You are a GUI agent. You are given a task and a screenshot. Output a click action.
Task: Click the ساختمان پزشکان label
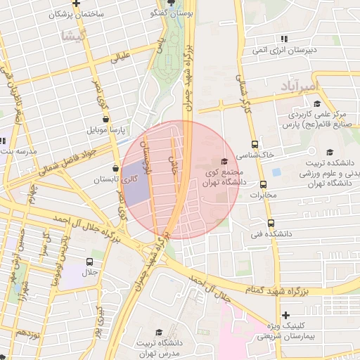[76, 14]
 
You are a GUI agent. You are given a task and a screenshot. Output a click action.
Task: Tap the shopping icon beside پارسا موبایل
[105, 120]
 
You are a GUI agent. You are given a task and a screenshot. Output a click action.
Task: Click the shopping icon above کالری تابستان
[115, 168]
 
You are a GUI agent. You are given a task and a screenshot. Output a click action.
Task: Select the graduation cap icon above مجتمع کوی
[224, 161]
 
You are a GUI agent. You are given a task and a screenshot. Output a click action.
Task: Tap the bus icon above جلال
[89, 262]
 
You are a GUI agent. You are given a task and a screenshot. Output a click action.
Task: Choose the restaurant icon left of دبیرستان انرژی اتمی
[283, 38]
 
